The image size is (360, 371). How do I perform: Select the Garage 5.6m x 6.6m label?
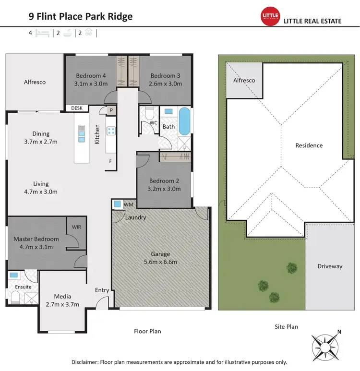[161, 258]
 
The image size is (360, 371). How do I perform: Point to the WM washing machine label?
[128, 205]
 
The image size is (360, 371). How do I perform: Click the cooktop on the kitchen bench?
[111, 131]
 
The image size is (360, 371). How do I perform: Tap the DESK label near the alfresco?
[77, 108]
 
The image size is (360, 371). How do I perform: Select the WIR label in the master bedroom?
[76, 226]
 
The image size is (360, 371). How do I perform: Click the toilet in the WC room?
[149, 114]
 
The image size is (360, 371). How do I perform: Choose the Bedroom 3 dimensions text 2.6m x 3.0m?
[165, 84]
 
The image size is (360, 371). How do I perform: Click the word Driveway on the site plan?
[330, 266]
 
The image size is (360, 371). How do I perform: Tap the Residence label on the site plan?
[309, 145]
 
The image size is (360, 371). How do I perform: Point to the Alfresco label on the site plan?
[244, 81]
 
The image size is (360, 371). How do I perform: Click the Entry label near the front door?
[102, 290]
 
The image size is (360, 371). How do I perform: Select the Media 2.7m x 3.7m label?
[62, 300]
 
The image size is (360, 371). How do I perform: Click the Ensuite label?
[23, 287]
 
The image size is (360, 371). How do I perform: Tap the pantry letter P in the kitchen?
[111, 110]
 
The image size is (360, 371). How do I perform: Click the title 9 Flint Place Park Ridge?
[81, 17]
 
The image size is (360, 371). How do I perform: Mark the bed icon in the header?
[43, 34]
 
